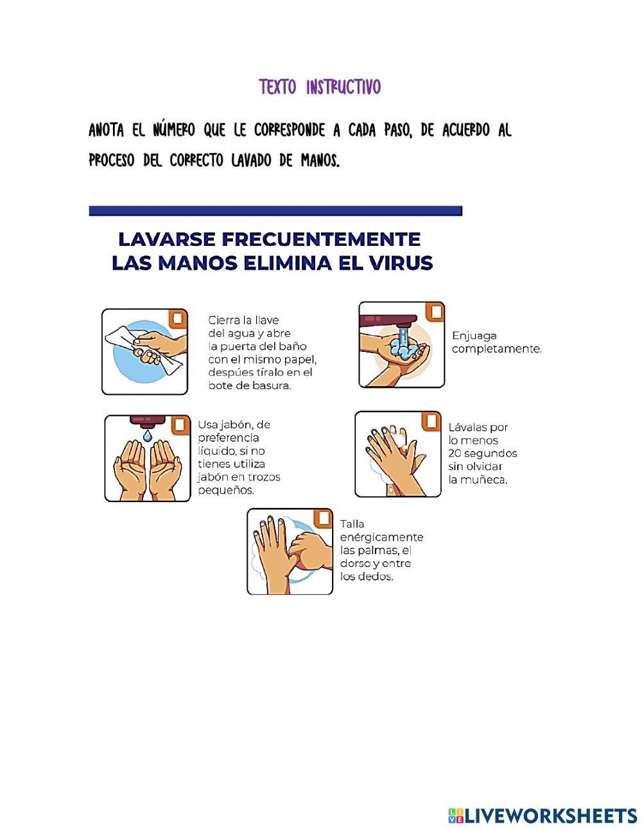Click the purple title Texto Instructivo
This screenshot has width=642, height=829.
click(x=320, y=87)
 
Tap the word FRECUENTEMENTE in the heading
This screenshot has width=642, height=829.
click(x=321, y=239)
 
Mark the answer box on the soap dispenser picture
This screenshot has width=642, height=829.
click(x=179, y=425)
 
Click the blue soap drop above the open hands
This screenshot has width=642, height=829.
click(x=148, y=436)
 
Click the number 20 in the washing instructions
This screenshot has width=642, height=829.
click(x=455, y=453)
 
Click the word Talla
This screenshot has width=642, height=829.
click(x=352, y=524)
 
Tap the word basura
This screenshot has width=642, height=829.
click(x=272, y=385)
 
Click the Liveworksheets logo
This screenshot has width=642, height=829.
click(x=542, y=816)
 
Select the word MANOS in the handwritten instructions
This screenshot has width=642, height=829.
click(x=319, y=160)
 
